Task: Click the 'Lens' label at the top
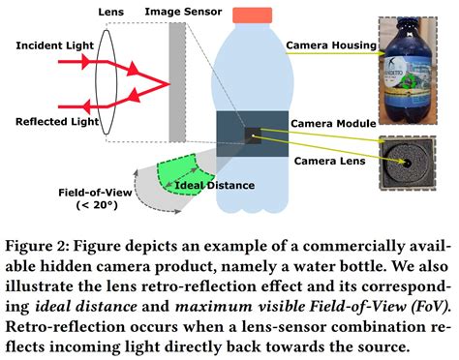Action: point(110,11)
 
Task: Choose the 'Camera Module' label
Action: point(327,123)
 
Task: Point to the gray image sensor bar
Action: point(176,82)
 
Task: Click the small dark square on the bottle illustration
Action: point(253,137)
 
